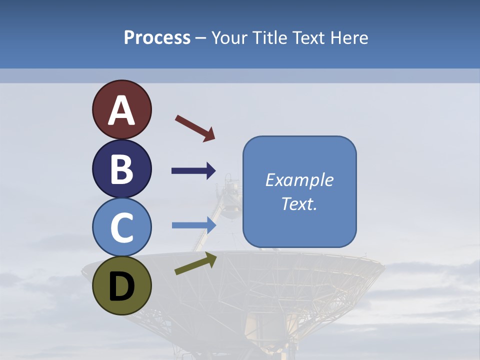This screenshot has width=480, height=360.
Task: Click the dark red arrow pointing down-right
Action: pos(194,128)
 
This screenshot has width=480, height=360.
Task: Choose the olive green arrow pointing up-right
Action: pos(195,263)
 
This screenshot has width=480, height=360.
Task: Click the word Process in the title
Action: pos(157,38)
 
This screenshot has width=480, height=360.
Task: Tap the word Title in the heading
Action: pos(270,38)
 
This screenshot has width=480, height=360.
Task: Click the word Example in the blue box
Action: pos(299,180)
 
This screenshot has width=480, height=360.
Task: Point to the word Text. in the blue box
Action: pos(299,203)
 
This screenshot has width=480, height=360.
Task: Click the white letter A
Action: pos(121,110)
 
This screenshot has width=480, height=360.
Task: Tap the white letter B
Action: pos(121,169)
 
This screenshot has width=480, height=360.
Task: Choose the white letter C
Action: pos(121,227)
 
